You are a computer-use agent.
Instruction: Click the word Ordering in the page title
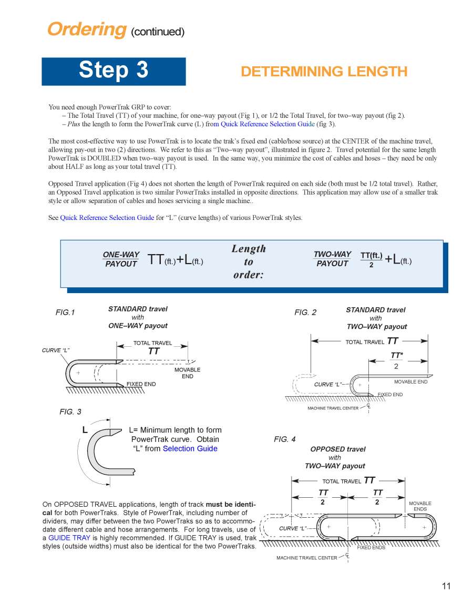[x=87, y=29]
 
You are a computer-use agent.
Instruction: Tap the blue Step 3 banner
[x=114, y=71]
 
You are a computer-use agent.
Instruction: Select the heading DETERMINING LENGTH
[x=324, y=72]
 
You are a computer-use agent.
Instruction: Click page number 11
[x=446, y=586]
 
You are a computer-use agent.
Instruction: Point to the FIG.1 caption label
[x=65, y=313]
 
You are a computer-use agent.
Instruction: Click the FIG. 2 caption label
[x=305, y=313]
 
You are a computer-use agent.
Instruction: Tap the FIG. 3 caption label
[x=70, y=411]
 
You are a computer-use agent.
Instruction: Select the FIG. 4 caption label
[x=284, y=439]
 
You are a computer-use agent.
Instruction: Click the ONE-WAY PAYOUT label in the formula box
[x=121, y=259]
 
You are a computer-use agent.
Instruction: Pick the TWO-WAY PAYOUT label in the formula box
[x=332, y=259]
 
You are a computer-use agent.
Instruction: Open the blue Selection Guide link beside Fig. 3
[x=190, y=449]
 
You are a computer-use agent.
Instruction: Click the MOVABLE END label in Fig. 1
[x=187, y=373]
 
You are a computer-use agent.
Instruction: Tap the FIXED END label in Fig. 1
[x=141, y=384]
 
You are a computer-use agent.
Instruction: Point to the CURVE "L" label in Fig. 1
[x=56, y=350]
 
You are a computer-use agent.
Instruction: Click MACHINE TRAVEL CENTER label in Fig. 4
[x=307, y=558]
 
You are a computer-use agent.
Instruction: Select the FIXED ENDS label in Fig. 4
[x=371, y=548]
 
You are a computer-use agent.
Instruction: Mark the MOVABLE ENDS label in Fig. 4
[x=420, y=506]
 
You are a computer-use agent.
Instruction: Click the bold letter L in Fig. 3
[x=85, y=430]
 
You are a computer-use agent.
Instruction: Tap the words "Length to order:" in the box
[x=249, y=262]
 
